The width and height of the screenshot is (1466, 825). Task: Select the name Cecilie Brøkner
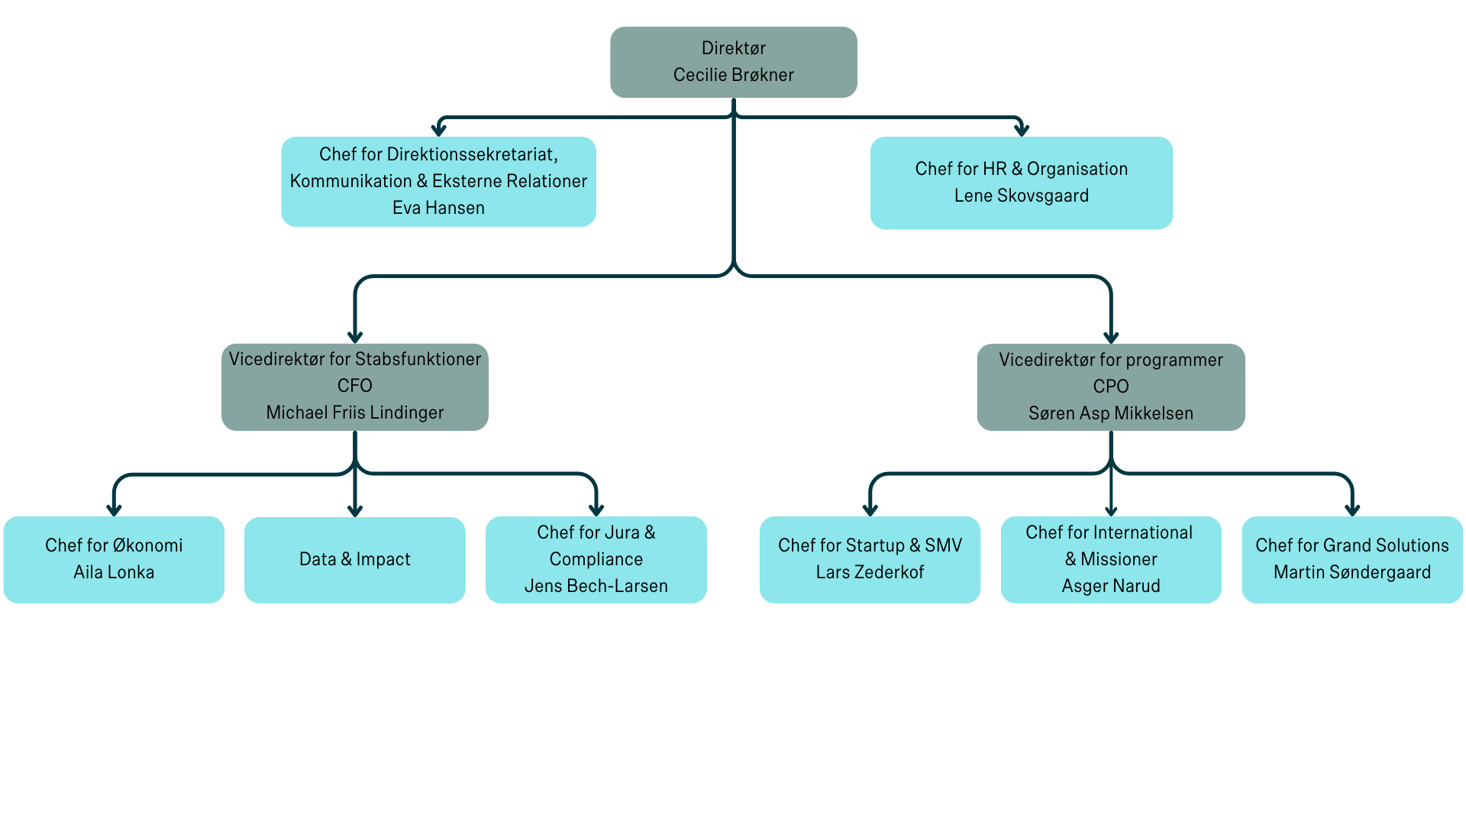pyautogui.click(x=733, y=75)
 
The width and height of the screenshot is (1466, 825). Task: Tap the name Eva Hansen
pyautogui.click(x=438, y=208)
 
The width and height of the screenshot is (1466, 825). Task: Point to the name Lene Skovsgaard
pyautogui.click(x=1021, y=196)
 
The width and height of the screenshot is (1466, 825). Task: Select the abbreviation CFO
pyautogui.click(x=354, y=386)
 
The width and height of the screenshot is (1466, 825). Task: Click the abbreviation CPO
pyautogui.click(x=1110, y=387)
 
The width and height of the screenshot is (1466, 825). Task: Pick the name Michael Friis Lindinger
pyautogui.click(x=354, y=412)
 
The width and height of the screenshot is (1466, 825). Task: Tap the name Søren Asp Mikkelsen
pyautogui.click(x=1110, y=413)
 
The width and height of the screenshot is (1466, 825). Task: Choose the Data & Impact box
pyautogui.click(x=354, y=559)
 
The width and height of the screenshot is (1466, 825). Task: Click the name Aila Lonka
pyautogui.click(x=114, y=572)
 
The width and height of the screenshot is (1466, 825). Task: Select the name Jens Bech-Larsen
pyautogui.click(x=596, y=586)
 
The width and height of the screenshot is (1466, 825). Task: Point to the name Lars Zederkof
pyautogui.click(x=870, y=572)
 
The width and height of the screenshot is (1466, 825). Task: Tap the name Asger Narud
pyautogui.click(x=1110, y=586)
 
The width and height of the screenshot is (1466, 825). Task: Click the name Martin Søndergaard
pyautogui.click(x=1351, y=572)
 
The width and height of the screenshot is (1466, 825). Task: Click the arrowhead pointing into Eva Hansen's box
pyautogui.click(x=439, y=130)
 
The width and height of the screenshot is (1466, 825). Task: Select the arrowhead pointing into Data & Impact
pyautogui.click(x=354, y=510)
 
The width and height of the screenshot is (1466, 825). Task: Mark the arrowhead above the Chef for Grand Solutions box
pyautogui.click(x=1352, y=510)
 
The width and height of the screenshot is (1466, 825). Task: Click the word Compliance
pyautogui.click(x=596, y=559)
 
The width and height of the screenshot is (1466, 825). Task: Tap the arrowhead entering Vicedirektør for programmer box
pyautogui.click(x=1111, y=337)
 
